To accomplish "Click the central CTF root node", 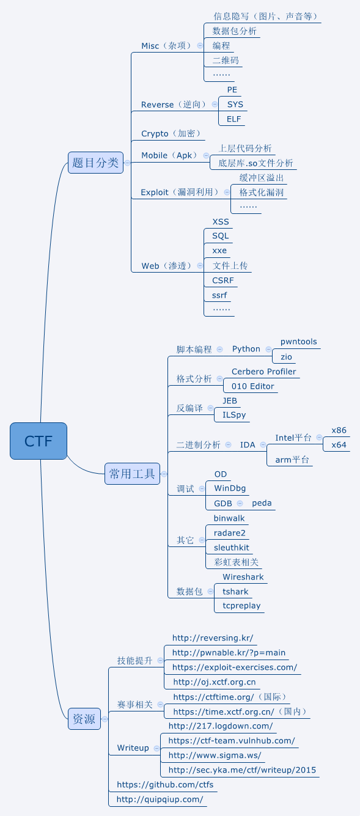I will point(38,441).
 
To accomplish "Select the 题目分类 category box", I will point(95,163).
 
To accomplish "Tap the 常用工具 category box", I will point(132,474).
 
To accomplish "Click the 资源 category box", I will point(84,719).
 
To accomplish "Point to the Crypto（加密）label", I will point(171,134).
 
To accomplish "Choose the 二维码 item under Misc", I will point(226,61).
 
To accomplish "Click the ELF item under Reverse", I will point(234,119).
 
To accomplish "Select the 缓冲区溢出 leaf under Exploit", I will point(262,178).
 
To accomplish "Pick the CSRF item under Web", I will point(223,281).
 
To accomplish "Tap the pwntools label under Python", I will point(299,342).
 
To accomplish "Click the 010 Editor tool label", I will point(253,386).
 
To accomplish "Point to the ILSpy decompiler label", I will point(235,415).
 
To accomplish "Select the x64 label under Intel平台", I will point(339,445).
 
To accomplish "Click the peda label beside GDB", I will point(262,503).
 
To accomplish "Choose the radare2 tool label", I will point(230,533).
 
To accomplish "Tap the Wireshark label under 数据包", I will point(243,577).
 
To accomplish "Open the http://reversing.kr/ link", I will point(213,638).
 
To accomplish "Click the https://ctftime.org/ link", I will point(213,697).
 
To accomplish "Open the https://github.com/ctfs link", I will point(165,784).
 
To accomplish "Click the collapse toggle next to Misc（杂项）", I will point(200,46).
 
